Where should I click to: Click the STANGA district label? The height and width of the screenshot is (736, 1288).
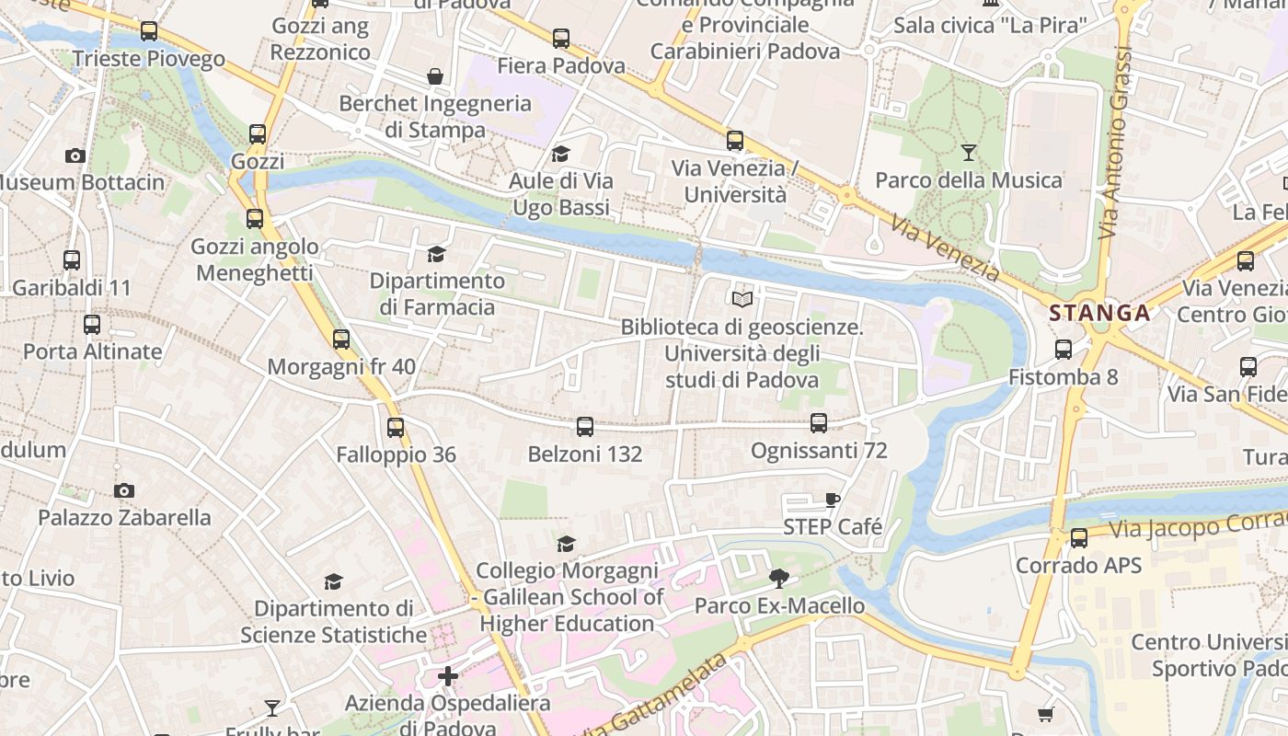(1099, 313)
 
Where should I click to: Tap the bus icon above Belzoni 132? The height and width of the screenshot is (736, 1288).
(585, 427)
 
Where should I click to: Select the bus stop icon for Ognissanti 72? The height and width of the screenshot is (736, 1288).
(819, 423)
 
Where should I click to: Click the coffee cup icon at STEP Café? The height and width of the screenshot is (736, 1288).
(833, 500)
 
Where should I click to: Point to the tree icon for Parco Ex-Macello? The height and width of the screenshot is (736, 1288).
(779, 579)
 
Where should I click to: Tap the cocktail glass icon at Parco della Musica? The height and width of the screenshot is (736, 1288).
(968, 152)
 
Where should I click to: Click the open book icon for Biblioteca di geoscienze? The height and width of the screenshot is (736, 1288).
(742, 299)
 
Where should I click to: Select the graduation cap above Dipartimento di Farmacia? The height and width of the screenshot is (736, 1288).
(436, 253)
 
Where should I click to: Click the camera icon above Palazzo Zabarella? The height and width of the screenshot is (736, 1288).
(124, 490)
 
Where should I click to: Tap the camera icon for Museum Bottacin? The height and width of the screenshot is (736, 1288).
(75, 155)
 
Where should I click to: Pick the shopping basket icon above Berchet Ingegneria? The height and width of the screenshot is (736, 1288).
(435, 76)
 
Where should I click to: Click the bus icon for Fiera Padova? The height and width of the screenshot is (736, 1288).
(561, 39)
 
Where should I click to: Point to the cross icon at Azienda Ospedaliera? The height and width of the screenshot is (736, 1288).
(448, 676)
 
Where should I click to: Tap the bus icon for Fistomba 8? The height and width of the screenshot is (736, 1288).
(1064, 350)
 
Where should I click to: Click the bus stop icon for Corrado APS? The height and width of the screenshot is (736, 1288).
(1079, 538)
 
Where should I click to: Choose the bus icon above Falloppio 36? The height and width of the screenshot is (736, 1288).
(396, 428)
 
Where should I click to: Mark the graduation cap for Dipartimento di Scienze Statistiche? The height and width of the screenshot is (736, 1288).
(334, 581)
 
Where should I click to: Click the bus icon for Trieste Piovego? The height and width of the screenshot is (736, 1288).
(149, 31)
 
